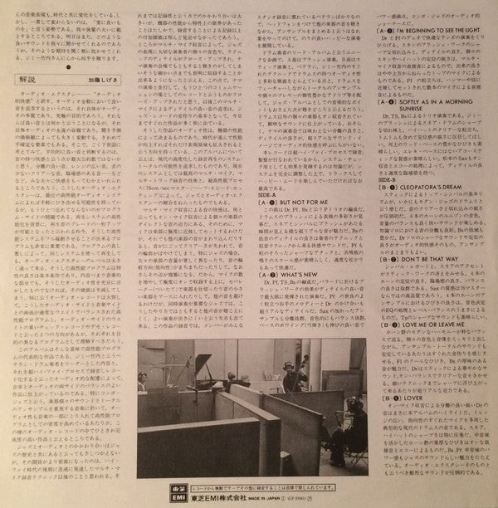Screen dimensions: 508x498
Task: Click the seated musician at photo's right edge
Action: (336, 432)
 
